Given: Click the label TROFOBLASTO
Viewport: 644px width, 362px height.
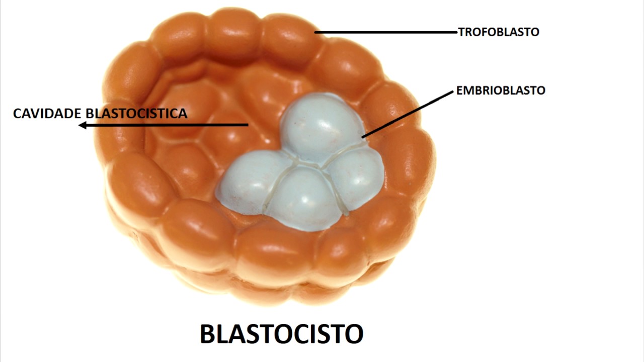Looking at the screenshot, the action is (499, 32).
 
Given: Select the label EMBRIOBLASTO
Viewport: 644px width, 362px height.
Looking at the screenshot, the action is (501, 90).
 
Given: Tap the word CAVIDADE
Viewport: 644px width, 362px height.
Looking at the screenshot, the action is (47, 114).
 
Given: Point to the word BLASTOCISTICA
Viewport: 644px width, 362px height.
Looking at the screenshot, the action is (136, 114).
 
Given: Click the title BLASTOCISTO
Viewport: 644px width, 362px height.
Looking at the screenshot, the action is (282, 333).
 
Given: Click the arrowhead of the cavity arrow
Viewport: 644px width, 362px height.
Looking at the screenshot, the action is (83, 125).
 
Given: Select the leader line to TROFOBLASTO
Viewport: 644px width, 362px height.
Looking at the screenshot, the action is (386, 32).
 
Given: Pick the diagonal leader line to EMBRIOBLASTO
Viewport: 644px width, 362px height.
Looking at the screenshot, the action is (408, 115).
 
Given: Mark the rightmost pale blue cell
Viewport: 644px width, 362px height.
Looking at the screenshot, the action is (357, 178).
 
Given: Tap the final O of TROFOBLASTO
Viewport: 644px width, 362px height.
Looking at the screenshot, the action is (535, 32).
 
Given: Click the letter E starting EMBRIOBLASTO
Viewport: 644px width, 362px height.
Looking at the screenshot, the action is (459, 90).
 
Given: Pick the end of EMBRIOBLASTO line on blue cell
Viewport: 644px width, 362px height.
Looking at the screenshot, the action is (363, 137).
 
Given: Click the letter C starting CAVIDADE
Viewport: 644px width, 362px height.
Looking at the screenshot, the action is (18, 114).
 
